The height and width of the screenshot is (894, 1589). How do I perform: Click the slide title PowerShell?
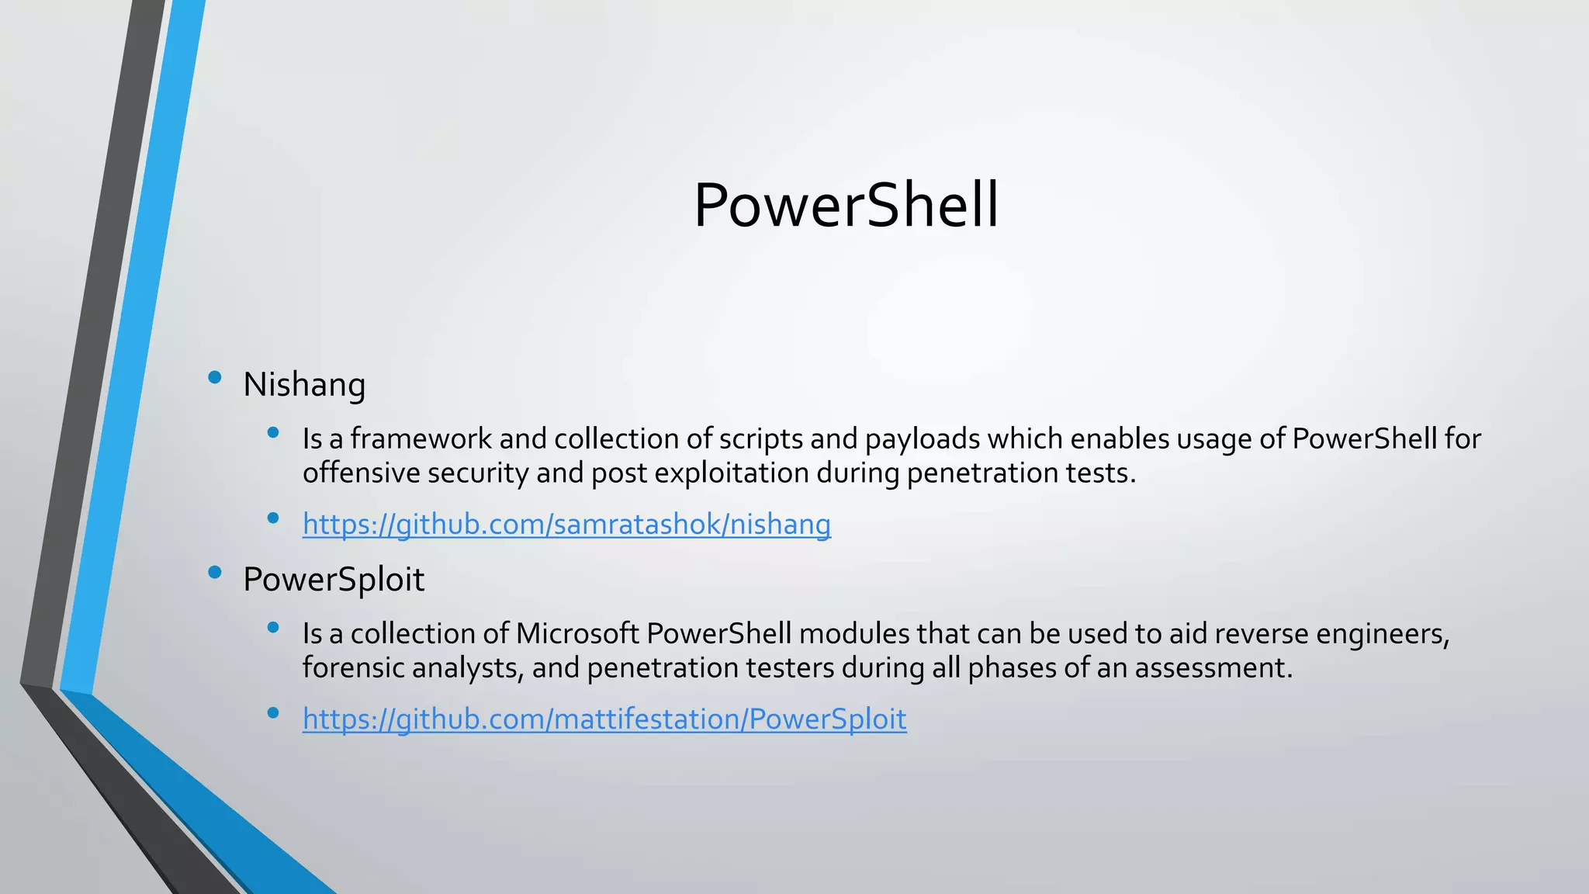pyautogui.click(x=846, y=205)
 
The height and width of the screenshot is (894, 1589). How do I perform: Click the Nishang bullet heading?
pyautogui.click(x=304, y=385)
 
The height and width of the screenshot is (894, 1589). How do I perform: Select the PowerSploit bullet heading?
pyautogui.click(x=334, y=580)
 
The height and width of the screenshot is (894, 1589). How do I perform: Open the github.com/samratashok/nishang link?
pyautogui.click(x=566, y=525)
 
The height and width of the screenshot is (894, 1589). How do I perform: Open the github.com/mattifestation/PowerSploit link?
pyautogui.click(x=604, y=719)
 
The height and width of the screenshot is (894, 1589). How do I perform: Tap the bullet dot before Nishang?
pyautogui.click(x=215, y=378)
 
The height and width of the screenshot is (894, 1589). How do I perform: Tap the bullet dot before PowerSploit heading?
pyautogui.click(x=215, y=573)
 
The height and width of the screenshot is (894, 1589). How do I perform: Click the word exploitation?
pyautogui.click(x=732, y=473)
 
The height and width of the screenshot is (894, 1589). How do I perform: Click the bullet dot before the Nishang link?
pyautogui.click(x=272, y=518)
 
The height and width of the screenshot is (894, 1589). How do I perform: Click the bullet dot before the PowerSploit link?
pyautogui.click(x=272, y=712)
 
